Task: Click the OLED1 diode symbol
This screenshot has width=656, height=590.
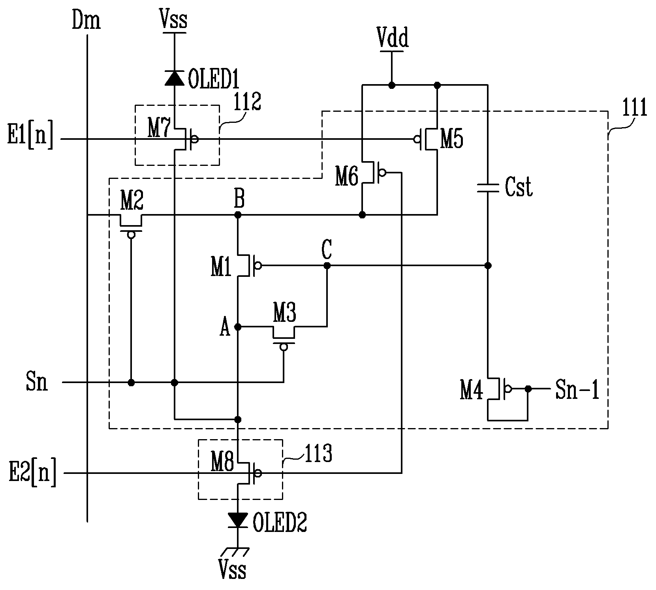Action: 175,77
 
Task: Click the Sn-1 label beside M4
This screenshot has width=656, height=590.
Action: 577,389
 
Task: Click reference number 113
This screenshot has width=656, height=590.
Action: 318,454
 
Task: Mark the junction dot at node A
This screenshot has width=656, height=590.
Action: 238,327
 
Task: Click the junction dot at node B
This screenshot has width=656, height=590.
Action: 238,215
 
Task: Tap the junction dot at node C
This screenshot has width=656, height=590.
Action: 327,266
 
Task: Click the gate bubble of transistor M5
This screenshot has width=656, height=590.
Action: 416,139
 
